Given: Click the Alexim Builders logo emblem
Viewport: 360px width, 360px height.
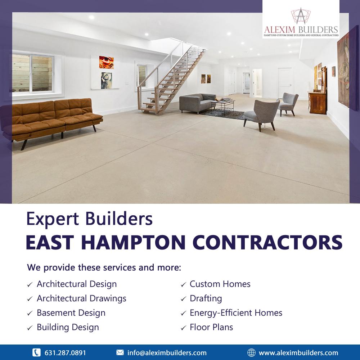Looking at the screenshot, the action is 301,16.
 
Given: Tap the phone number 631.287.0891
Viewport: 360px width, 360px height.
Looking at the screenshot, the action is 65,353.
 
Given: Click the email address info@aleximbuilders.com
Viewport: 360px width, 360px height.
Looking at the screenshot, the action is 167,353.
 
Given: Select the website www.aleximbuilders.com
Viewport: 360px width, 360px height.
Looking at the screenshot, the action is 298,353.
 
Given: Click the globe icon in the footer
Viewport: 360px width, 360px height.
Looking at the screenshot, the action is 251,352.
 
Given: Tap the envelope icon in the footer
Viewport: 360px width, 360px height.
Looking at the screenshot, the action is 120,352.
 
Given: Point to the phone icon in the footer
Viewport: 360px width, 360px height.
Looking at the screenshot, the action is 36,352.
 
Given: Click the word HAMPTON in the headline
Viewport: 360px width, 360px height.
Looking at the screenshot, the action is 133,242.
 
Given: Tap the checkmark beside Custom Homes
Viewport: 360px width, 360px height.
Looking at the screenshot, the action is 183,285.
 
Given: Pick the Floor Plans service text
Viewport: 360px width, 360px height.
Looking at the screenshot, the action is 211,327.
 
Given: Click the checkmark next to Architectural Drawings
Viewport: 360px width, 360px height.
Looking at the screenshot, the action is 30,299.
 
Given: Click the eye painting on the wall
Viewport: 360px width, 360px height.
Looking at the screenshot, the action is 106,62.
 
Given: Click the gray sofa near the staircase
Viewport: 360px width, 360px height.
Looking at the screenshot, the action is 197,103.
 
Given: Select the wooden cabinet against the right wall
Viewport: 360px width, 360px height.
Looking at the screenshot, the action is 318,102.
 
